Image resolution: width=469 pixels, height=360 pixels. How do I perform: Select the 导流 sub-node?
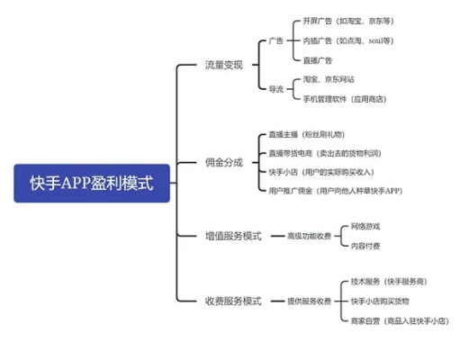[x=276, y=88]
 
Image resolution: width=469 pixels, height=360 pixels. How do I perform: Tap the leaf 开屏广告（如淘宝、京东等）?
[x=348, y=20]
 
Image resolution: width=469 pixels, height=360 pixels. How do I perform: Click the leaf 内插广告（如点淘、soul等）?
[x=348, y=41]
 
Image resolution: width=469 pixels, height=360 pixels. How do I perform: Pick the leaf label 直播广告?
[x=319, y=59]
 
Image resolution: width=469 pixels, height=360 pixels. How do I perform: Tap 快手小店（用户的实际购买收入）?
[x=320, y=171]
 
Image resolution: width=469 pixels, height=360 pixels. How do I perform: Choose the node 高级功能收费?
[x=309, y=236]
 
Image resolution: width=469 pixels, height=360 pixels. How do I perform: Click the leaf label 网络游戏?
[x=365, y=227]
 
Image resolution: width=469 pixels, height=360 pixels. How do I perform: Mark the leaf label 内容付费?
[x=365, y=245]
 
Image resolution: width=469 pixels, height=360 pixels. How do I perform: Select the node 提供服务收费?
[x=309, y=301]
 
